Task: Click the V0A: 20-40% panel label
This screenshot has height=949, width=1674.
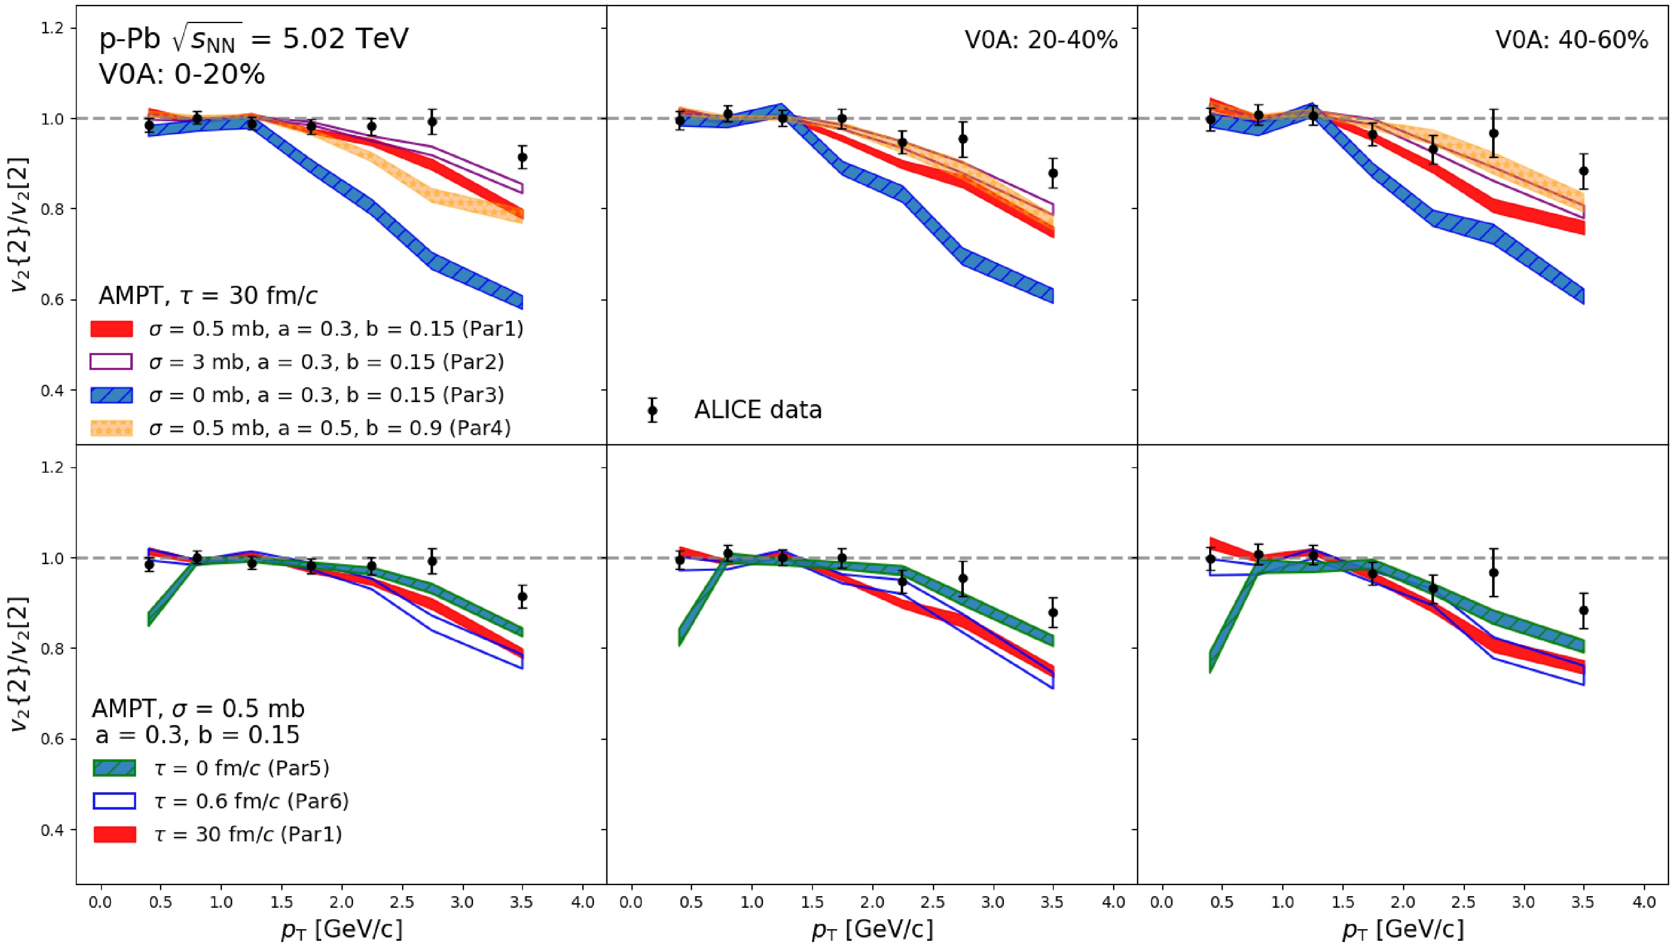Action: pyautogui.click(x=1041, y=40)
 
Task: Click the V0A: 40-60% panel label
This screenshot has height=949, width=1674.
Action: pyautogui.click(x=1571, y=40)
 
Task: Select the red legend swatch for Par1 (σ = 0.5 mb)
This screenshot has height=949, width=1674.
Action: pyautogui.click(x=111, y=328)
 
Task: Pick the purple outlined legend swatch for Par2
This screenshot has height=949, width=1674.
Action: pyautogui.click(x=111, y=362)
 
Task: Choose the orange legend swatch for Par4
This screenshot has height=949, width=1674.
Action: pyautogui.click(x=111, y=428)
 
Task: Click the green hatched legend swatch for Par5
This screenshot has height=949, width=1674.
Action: pyautogui.click(x=115, y=768)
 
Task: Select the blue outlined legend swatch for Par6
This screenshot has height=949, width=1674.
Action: pyautogui.click(x=115, y=801)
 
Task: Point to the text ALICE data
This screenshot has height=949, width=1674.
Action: pyautogui.click(x=758, y=410)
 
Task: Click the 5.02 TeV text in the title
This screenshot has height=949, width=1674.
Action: pyautogui.click(x=345, y=39)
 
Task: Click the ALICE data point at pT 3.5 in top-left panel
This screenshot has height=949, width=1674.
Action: pyautogui.click(x=522, y=157)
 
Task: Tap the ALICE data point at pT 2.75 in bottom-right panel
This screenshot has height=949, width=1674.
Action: pyautogui.click(x=1493, y=572)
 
